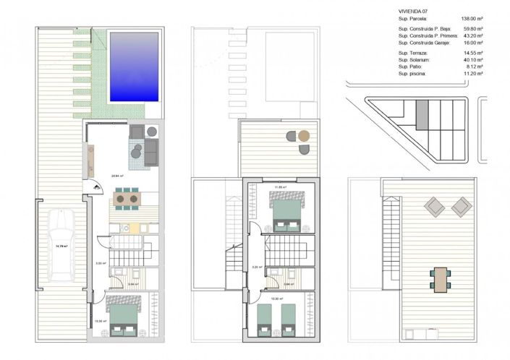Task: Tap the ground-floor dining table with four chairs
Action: (127, 197)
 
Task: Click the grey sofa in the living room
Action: (151, 151)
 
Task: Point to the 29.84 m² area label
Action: (116, 176)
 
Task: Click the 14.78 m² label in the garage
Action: (61, 246)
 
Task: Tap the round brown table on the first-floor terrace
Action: (305, 136)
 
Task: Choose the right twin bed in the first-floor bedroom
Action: (289, 319)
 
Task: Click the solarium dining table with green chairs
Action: (439, 277)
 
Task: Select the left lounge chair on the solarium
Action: (435, 207)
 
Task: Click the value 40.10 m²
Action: (473, 60)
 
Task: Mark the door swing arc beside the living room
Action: (95, 187)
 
